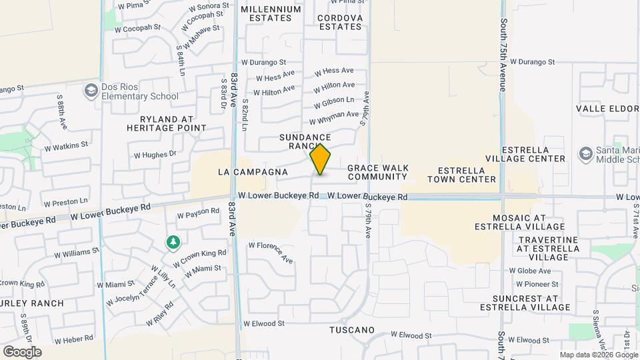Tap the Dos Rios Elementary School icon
[91, 89]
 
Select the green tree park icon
[173, 242]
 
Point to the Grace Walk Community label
[377, 172]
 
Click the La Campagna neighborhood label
[253, 172]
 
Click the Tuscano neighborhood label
[351, 330]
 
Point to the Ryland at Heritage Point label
[167, 123]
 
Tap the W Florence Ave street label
[270, 252]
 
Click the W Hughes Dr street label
[155, 154]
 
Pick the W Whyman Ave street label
[334, 118]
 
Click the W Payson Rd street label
[197, 212]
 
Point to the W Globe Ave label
[531, 271]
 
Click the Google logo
[22, 351]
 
